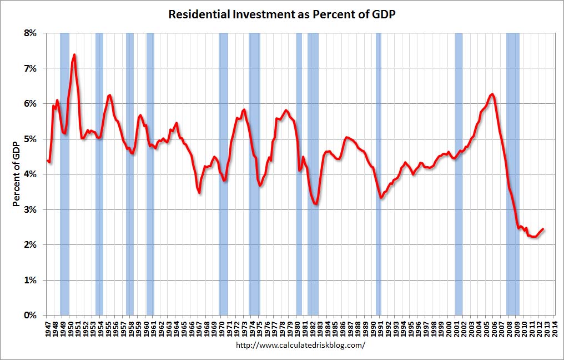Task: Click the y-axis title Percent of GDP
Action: [17, 174]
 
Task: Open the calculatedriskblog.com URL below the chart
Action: [300, 345]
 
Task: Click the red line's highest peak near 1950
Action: [74, 54]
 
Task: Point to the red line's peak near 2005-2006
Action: [492, 94]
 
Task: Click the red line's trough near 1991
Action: [381, 197]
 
